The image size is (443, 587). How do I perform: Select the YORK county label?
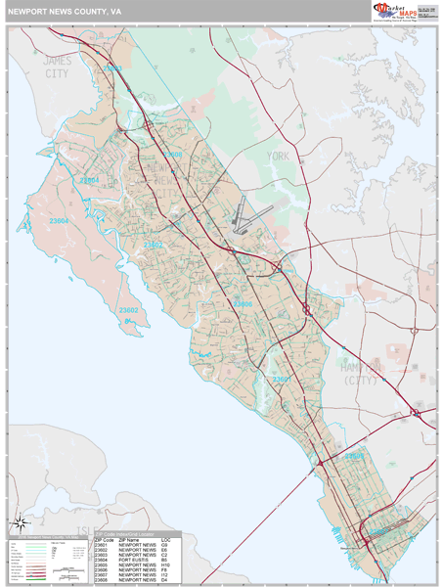pyautogui.click(x=280, y=156)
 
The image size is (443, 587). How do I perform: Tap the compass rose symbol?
pyautogui.click(x=17, y=527)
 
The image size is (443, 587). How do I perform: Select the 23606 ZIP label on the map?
pyautogui.click(x=243, y=304)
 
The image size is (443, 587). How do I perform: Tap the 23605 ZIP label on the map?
pyautogui.click(x=355, y=456)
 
